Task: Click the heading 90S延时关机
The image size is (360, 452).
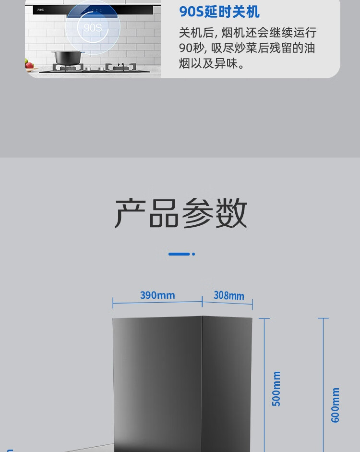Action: [x=219, y=12]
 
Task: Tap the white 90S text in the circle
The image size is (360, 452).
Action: [x=93, y=28]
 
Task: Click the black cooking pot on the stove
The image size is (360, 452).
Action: [x=67, y=58]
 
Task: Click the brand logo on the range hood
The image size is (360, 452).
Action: [x=40, y=10]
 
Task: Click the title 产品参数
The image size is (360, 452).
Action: [x=180, y=213]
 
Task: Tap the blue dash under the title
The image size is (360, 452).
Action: [x=179, y=254]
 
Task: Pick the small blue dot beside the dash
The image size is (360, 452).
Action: [x=193, y=254]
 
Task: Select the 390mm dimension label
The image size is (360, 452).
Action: [x=157, y=295]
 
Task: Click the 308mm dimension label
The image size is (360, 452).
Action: [x=229, y=295]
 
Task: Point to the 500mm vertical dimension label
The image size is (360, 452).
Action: [x=276, y=389]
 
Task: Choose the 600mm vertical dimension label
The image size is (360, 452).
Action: [x=336, y=405]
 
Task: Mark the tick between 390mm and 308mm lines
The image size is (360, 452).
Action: [x=202, y=301]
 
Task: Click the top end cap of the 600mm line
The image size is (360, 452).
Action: [x=323, y=318]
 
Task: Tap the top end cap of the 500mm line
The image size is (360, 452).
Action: [x=264, y=318]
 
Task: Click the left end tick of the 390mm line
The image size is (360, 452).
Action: [x=113, y=303]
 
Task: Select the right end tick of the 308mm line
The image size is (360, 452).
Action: [x=252, y=305]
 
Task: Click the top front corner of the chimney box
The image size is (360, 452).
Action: [x=202, y=316]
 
